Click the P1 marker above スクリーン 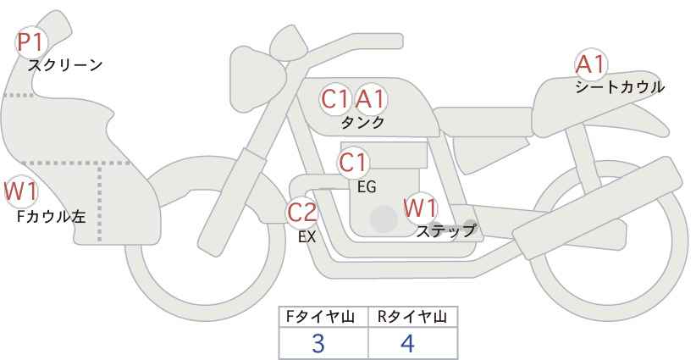click(30, 42)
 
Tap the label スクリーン click(65, 66)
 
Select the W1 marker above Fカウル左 click(21, 191)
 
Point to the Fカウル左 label click(51, 217)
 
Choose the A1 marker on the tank click(371, 99)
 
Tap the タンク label click(362, 123)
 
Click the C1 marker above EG click(353, 163)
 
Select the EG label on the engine click(367, 187)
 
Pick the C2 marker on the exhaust click(302, 212)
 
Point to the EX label click(307, 237)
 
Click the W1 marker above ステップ click(420, 208)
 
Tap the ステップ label click(445, 231)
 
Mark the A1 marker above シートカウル click(591, 64)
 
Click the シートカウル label click(620, 87)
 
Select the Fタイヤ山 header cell click(323, 317)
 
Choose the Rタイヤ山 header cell click(413, 317)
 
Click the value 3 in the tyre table click(318, 343)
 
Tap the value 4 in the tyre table click(407, 343)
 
